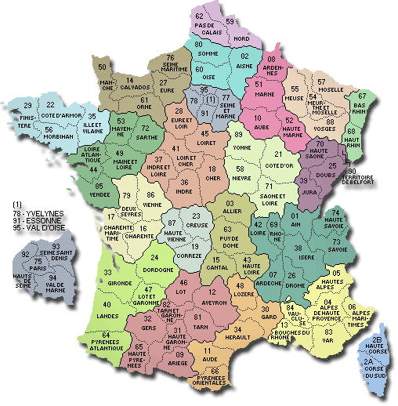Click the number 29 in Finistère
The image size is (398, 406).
click(27, 106)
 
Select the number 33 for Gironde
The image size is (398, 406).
click(107, 272)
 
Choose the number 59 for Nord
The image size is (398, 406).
click(230, 20)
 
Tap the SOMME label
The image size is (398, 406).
click(208, 54)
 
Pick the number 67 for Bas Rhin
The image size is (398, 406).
click(361, 96)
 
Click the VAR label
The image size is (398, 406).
click(327, 341)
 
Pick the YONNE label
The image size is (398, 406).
click(241, 147)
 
